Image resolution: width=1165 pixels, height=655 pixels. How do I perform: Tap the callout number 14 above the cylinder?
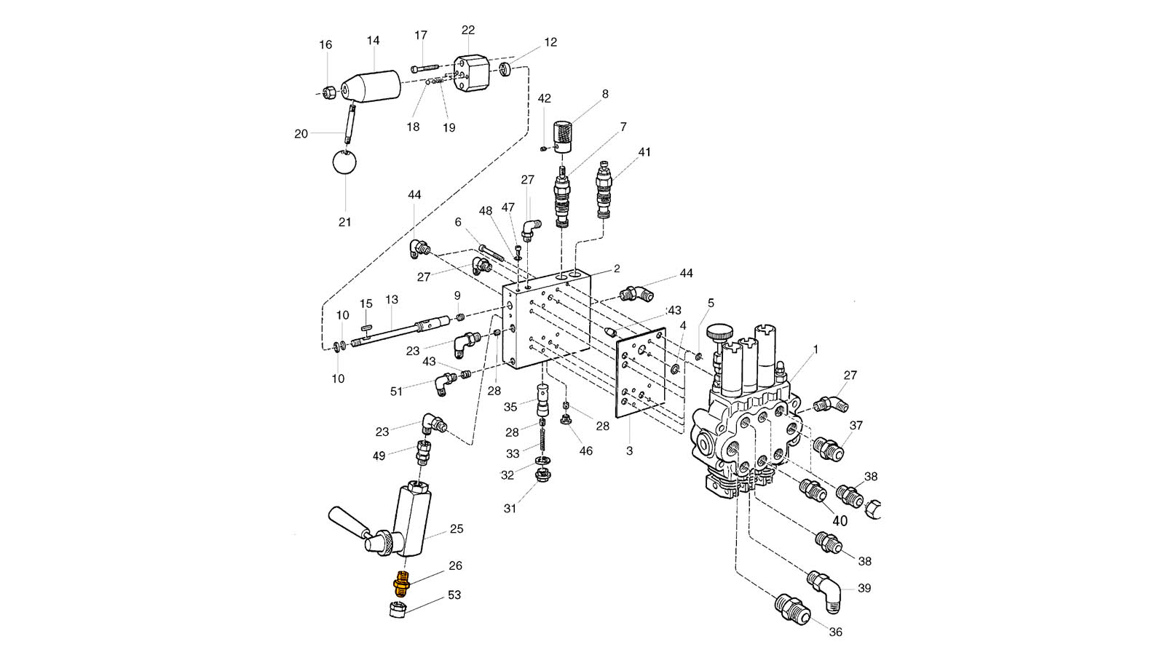374,41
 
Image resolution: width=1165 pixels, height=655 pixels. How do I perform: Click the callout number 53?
454,595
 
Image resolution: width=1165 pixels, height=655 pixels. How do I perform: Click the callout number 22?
468,30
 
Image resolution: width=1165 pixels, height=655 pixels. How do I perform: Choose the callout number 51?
396,392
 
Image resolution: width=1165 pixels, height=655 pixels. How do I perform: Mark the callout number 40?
840,521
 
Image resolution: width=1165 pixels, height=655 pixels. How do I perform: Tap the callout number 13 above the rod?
392,300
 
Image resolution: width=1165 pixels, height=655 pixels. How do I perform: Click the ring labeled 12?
504,70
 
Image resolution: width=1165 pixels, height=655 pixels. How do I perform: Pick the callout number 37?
856,425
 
